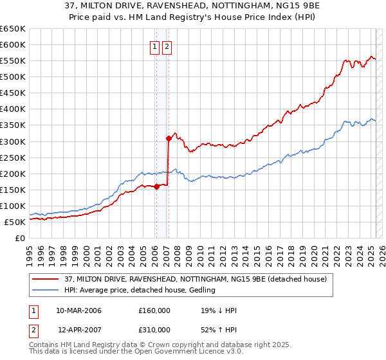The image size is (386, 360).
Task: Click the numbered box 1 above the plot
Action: [155, 46]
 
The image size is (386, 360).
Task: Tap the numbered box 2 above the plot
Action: [167, 46]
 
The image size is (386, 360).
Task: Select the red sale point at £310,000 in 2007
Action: [168, 138]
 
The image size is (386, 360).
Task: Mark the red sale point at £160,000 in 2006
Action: [156, 186]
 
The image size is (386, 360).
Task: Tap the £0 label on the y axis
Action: [19, 238]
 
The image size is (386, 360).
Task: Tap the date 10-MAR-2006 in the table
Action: [78, 311]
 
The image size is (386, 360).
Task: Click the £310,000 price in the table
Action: [154, 330]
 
